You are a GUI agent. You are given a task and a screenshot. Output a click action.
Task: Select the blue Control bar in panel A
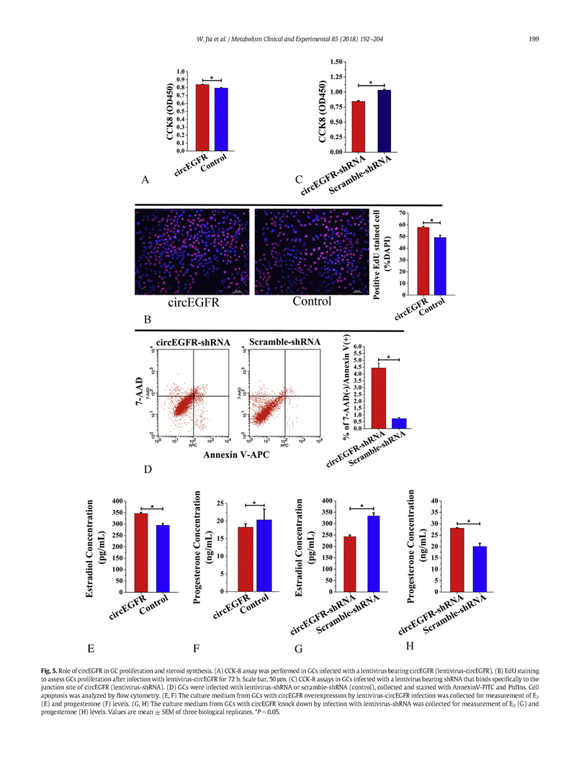pyautogui.click(x=221, y=120)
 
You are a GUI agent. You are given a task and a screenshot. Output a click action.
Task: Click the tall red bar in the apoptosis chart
pyautogui.click(x=378, y=398)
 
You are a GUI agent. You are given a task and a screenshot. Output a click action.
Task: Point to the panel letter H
pyautogui.click(x=410, y=645)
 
